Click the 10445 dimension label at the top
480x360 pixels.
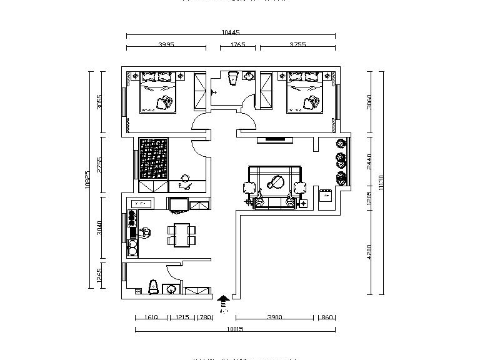[231, 32]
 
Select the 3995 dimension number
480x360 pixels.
[166, 44]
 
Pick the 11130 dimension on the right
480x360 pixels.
[381, 182]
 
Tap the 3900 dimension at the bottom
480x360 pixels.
[274, 317]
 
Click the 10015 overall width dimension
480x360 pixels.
[235, 329]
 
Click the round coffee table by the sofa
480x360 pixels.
[275, 183]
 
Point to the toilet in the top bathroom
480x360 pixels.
[233, 77]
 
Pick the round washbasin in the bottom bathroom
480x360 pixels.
[171, 289]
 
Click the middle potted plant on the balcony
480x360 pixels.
[341, 159]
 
